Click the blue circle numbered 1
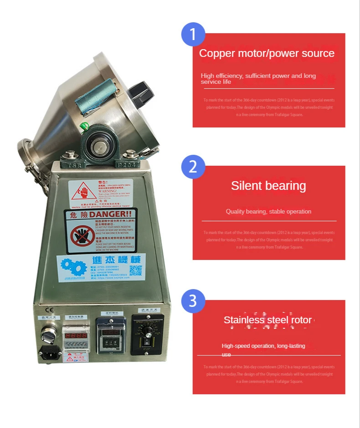click(193, 34)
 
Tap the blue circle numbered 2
click(193, 167)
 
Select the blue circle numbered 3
click(193, 301)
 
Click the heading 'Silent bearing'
click(268, 186)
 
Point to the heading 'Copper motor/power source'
click(267, 53)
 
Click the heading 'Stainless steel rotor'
click(268, 320)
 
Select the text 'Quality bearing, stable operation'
click(268, 211)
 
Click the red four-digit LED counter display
click(76, 336)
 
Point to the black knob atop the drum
click(138, 91)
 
